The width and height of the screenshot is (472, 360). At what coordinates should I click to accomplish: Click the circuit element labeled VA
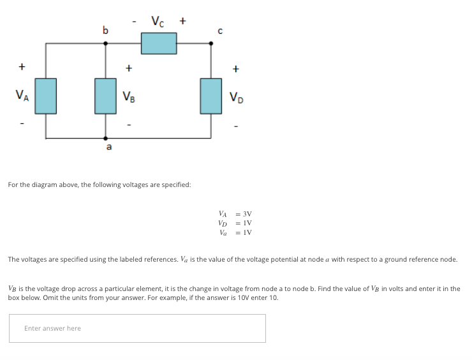[45, 96]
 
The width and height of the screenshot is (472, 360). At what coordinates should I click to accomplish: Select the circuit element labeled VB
[105, 96]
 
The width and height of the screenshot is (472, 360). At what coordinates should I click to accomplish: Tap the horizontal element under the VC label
[159, 43]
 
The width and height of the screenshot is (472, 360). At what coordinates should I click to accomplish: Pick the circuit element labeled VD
[211, 96]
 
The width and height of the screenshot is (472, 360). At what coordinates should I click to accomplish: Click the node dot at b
[105, 43]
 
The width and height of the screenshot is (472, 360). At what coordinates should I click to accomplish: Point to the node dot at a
[105, 137]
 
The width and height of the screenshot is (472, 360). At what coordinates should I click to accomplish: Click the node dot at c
[211, 43]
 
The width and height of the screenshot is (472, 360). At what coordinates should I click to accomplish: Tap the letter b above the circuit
[105, 29]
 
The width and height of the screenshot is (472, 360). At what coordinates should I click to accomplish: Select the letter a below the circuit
[108, 147]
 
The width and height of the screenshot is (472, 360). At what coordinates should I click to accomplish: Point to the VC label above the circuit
[158, 21]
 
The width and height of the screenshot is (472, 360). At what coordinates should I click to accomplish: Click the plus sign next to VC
[183, 21]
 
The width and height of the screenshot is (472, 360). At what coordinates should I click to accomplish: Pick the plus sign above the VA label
[22, 66]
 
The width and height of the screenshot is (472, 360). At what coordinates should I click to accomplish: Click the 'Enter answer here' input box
[137, 328]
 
